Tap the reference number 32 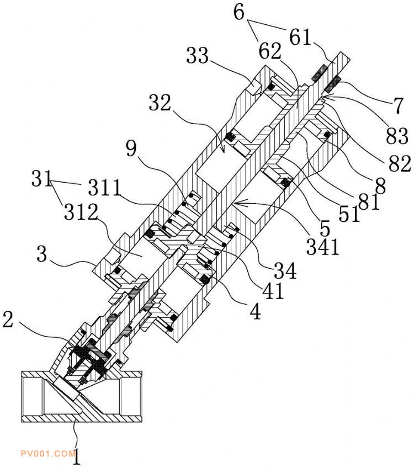[x=160, y=103]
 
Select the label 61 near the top [x=300, y=37]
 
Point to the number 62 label [x=270, y=51]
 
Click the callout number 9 [x=131, y=148]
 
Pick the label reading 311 [x=104, y=188]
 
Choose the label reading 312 [x=81, y=212]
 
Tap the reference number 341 [x=323, y=247]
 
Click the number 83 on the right [x=397, y=136]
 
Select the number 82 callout [x=400, y=163]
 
